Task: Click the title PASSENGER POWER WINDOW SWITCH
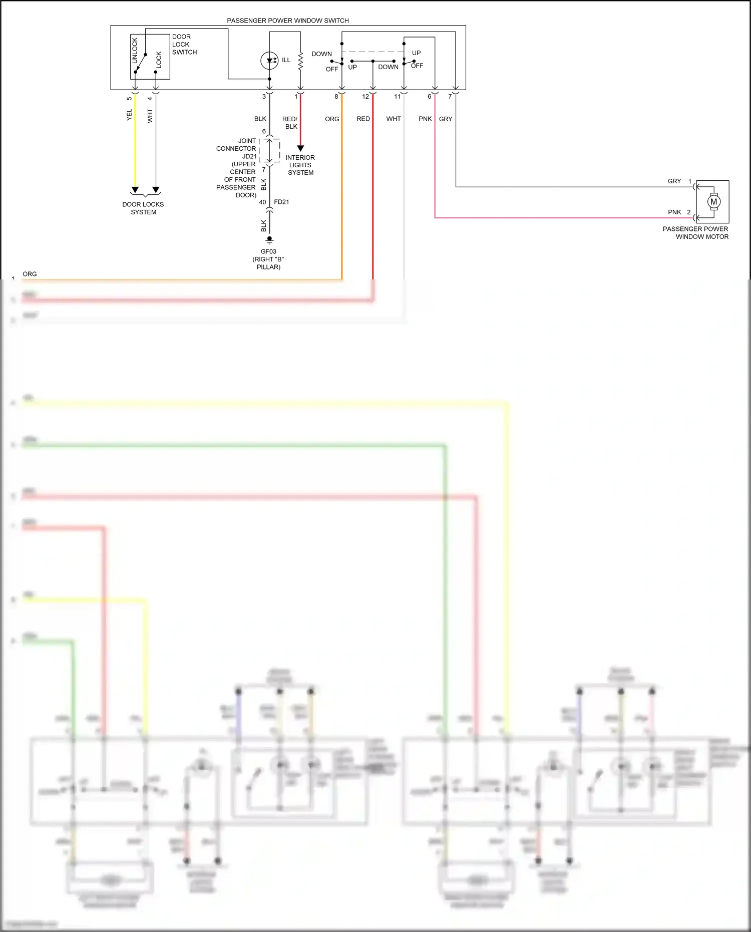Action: [288, 21]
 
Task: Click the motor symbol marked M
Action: [713, 201]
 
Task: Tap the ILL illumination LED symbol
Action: [269, 61]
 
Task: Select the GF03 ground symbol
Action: [269, 240]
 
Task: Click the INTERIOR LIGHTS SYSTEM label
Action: [300, 165]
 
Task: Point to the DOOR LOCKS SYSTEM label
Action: [143, 208]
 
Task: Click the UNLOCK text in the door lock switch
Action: [135, 51]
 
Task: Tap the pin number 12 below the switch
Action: [365, 97]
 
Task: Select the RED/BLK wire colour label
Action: [290, 123]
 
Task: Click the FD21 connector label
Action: [281, 202]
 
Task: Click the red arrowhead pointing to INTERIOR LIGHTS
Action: [300, 148]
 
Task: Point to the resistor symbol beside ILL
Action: [300, 61]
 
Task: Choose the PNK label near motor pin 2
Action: [674, 212]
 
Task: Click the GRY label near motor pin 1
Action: [674, 181]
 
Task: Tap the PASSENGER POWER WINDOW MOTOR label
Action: [695, 232]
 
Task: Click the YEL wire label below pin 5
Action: [129, 115]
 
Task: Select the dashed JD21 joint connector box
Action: [270, 150]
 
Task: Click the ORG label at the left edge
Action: [30, 274]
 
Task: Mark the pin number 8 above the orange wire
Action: [336, 97]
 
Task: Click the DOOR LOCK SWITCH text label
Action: [184, 44]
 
